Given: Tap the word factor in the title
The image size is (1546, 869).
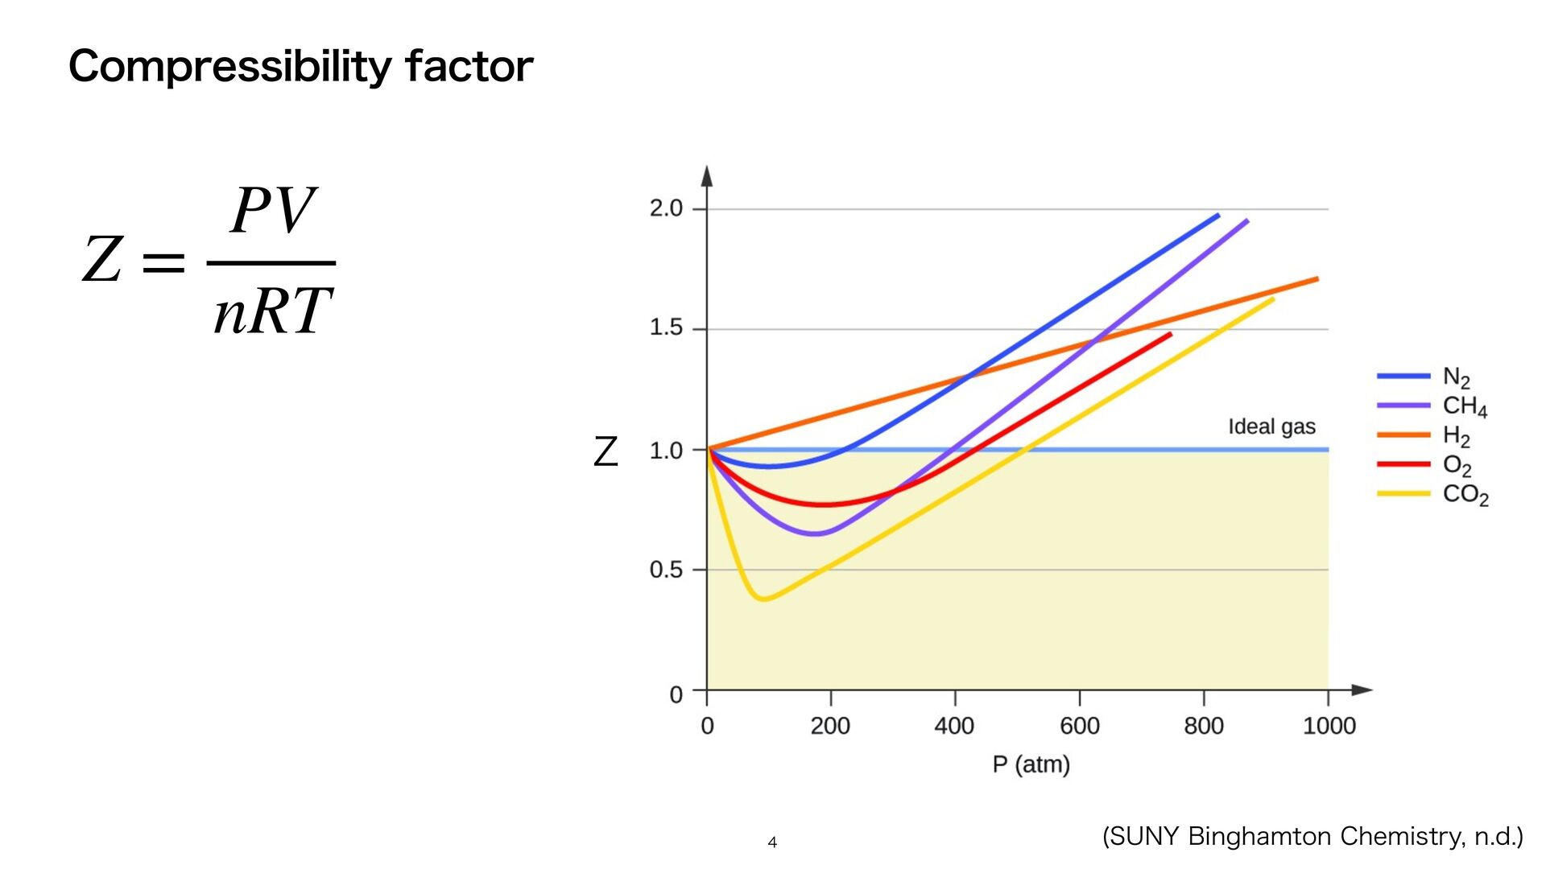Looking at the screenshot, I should pyautogui.click(x=469, y=67).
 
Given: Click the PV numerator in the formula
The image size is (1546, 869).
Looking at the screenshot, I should pyautogui.click(x=271, y=211).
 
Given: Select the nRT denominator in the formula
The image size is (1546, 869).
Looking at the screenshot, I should pyautogui.click(x=272, y=311).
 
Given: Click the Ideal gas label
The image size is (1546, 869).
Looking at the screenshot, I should pyautogui.click(x=1271, y=426).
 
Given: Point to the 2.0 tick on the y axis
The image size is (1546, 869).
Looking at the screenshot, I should pyautogui.click(x=666, y=208).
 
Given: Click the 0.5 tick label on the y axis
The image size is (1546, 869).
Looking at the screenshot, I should pyautogui.click(x=666, y=570).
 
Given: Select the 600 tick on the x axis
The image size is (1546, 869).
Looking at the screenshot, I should pyautogui.click(x=1079, y=726).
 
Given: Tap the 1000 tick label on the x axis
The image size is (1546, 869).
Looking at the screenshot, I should pyautogui.click(x=1329, y=726).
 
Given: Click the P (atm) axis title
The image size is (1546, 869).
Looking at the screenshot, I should pyautogui.click(x=1031, y=764).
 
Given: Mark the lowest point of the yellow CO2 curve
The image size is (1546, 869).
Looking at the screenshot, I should pyautogui.click(x=763, y=599).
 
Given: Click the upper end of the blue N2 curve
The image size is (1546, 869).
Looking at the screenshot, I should pyautogui.click(x=1217, y=216).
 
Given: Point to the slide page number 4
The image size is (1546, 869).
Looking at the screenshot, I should pyautogui.click(x=772, y=842).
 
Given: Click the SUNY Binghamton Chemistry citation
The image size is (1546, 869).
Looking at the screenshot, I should pyautogui.click(x=1312, y=837).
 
